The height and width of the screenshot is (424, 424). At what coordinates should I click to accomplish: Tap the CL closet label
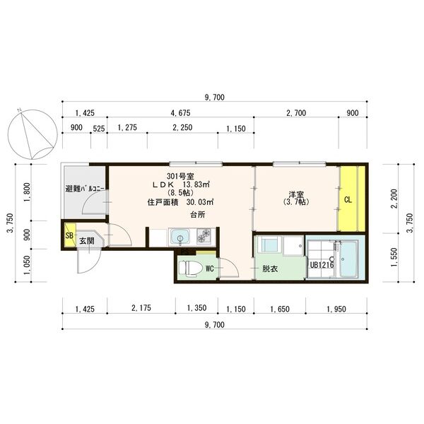[x=348, y=199]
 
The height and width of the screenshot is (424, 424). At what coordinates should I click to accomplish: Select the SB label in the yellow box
[x=69, y=236]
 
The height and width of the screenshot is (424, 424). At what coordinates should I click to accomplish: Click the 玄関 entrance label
[x=87, y=241]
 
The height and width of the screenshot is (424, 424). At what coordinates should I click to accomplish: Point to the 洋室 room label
[x=296, y=194]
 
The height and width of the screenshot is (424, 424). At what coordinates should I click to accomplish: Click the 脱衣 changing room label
[x=269, y=269]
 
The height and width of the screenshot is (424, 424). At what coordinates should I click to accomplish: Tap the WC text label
[x=210, y=269]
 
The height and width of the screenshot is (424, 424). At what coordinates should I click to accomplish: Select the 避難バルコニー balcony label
[x=86, y=189]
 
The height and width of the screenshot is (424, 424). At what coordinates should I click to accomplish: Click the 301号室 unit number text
[x=181, y=175]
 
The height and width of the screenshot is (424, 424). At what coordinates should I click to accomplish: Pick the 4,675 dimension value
[x=181, y=112]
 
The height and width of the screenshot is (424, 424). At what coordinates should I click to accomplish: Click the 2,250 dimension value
[x=181, y=128]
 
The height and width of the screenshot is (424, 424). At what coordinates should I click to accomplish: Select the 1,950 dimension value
[x=336, y=309]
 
